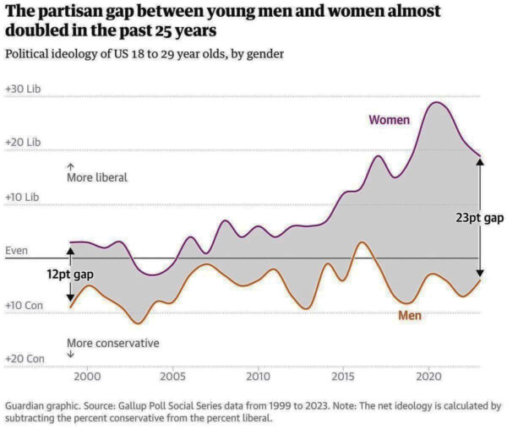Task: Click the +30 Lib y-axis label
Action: tap(23, 89)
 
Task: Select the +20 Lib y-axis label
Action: tap(23, 143)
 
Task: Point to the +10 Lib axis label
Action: tap(23, 197)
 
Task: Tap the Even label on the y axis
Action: tap(17, 251)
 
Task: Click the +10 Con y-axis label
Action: tap(25, 305)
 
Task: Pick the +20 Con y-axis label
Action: tap(25, 359)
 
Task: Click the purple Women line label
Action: tap(389, 120)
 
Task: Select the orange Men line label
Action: tap(410, 316)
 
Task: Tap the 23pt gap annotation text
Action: tap(480, 217)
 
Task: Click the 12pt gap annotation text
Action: tap(69, 275)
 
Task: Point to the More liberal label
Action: tap(97, 178)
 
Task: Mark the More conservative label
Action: tap(112, 343)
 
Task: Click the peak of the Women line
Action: tap(436, 103)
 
